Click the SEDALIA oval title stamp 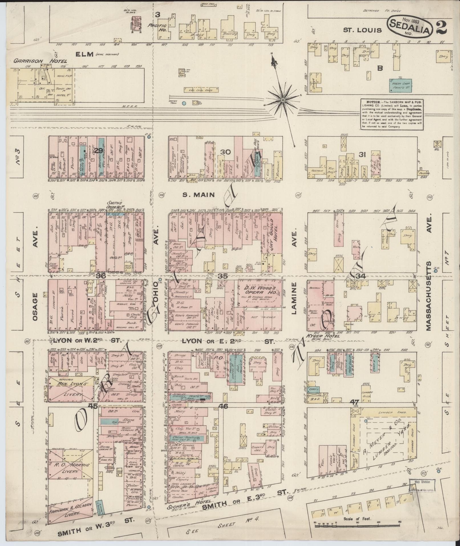pos(409,26)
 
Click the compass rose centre pos(283,100)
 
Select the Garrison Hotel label pos(40,61)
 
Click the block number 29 pos(99,151)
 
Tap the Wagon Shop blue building pos(402,85)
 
